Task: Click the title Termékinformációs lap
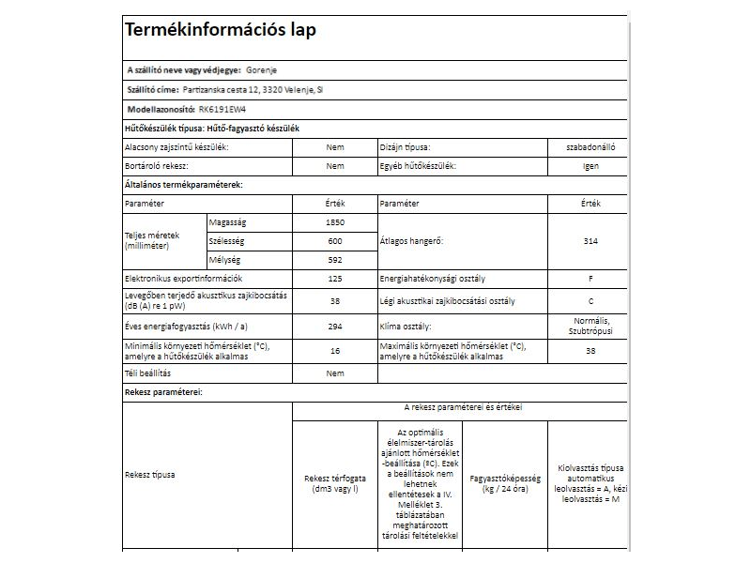pos(221,30)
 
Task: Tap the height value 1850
pos(334,222)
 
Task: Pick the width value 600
pos(334,241)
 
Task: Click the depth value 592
pos(334,260)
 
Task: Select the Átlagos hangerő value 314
pos(590,241)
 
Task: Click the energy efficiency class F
pos(590,279)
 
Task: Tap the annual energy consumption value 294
pos(334,326)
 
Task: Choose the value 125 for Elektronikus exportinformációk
pos(334,279)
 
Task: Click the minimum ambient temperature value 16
pos(334,350)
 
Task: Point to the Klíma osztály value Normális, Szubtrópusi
pos(590,326)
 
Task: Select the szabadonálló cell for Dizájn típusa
pos(590,147)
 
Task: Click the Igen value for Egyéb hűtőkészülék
pos(590,166)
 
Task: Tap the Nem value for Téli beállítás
pos(334,373)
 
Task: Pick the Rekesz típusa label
pos(149,474)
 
